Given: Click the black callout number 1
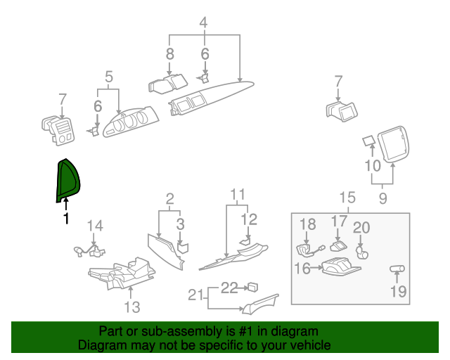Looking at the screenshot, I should coord(66,219).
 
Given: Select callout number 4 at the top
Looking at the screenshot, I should coord(203,22).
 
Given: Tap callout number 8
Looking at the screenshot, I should coord(169,53).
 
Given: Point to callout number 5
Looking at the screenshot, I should coord(109,76).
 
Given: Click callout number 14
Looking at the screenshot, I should coord(95,226).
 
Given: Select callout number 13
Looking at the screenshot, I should coord(132,307).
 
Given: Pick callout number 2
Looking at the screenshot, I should coord(169,199).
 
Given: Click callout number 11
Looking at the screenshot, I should coord(238,194).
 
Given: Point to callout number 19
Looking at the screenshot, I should coord(398,291).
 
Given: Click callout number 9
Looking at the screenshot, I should coord(382,199).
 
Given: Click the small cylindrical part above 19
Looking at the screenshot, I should coord(397,269).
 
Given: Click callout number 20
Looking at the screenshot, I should coord(361,227).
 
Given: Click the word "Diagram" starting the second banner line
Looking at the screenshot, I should coord(98,346).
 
